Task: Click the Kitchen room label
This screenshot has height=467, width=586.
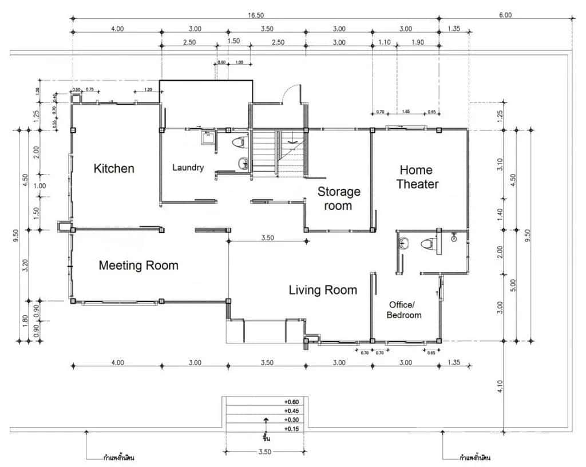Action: tap(114, 168)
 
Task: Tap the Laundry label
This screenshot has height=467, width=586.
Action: tap(188, 168)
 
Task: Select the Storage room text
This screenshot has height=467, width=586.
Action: tap(339, 199)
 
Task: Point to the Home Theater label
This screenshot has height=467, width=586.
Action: tap(417, 177)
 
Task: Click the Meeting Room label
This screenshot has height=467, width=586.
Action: tap(138, 266)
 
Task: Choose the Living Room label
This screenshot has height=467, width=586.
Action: tap(323, 290)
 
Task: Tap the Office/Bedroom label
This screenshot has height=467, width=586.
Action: tap(404, 310)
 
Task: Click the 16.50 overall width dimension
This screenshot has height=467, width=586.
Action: tap(256, 15)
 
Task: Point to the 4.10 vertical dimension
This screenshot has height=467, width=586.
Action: tap(500, 387)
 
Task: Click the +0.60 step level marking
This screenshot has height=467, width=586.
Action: tap(291, 402)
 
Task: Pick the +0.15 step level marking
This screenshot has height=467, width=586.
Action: tap(291, 428)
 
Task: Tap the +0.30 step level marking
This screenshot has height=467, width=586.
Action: tap(291, 419)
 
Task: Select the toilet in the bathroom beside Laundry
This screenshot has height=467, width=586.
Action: tap(239, 142)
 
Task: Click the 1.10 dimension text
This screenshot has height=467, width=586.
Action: tap(384, 42)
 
